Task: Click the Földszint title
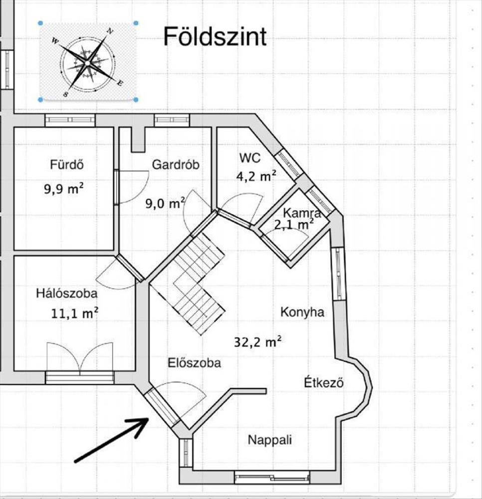215,37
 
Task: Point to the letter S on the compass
66,93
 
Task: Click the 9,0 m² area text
165,203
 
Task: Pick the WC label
250,158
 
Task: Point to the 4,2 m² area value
255,176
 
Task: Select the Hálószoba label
66,293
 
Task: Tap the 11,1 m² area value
74,313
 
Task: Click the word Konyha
302,312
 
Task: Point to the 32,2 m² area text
257,342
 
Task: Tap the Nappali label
270,440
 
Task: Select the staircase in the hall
198,284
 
